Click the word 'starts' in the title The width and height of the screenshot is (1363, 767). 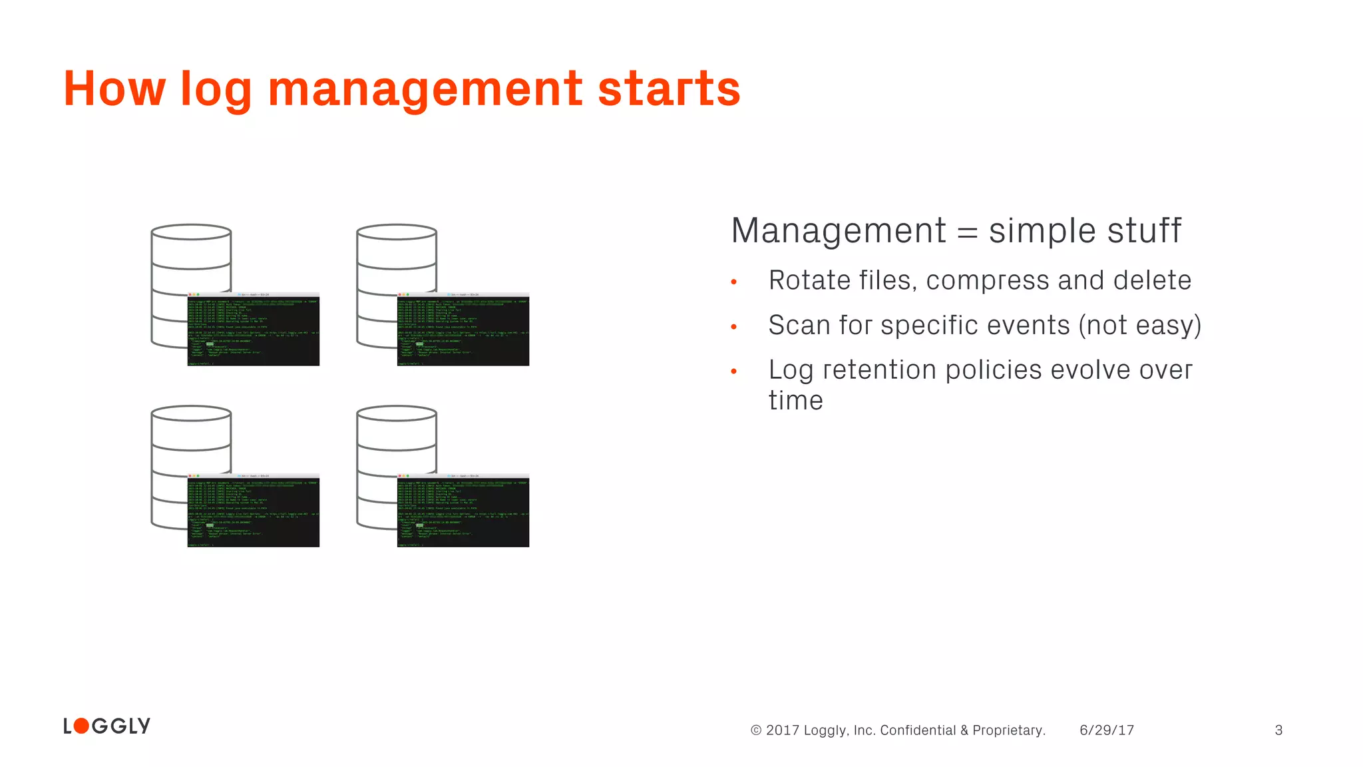click(x=669, y=89)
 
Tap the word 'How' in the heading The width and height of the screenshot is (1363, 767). click(x=114, y=89)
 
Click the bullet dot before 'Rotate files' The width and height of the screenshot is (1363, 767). click(x=734, y=282)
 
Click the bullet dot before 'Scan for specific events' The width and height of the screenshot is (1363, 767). click(x=734, y=327)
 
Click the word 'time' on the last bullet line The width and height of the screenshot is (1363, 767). click(x=795, y=401)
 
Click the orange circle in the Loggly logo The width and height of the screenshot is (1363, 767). click(x=81, y=726)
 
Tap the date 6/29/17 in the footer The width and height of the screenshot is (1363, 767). click(x=1106, y=730)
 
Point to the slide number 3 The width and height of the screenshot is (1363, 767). click(x=1278, y=730)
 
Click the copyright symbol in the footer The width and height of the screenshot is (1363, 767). click(x=756, y=730)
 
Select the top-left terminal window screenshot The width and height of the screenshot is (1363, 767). click(x=254, y=329)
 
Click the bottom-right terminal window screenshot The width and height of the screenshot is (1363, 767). click(x=463, y=511)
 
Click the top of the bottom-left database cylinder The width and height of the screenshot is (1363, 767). click(x=191, y=413)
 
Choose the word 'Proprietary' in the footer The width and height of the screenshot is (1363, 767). click(x=1008, y=730)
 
